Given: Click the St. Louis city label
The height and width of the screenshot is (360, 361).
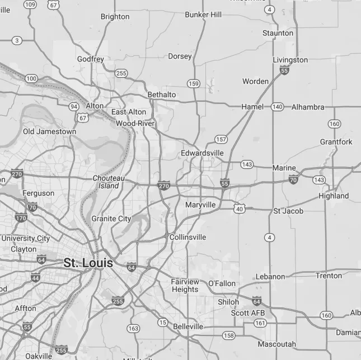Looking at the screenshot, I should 88,263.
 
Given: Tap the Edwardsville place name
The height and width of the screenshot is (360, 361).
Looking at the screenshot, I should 202,153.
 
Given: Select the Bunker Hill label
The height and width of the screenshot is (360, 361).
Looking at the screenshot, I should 203,15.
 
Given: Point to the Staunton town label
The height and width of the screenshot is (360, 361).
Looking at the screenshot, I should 278,33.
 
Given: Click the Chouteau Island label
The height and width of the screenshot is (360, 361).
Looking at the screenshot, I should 109,182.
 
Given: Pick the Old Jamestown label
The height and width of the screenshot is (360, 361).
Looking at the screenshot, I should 49,131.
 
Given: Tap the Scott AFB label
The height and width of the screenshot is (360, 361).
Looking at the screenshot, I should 248,313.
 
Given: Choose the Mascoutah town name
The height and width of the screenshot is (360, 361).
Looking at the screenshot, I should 276,344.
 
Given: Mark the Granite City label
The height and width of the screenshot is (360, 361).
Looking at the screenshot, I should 111,219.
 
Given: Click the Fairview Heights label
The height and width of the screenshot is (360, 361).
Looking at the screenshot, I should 185,286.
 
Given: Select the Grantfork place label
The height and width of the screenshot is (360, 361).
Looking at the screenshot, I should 336,142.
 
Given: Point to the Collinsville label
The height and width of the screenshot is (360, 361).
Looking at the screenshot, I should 187,237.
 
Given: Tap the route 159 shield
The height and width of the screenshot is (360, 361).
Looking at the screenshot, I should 194,83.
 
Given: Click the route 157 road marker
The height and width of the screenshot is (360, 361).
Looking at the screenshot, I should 221,139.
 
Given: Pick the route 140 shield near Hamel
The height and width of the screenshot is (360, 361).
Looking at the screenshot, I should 277,107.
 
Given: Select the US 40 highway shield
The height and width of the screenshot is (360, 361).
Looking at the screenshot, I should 240,208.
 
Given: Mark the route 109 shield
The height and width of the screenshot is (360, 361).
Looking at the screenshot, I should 30,4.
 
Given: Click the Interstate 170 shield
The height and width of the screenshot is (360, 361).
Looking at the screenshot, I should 21,217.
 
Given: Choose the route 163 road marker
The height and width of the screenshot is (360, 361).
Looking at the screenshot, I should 133,328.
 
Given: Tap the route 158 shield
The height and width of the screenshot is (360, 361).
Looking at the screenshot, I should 228,335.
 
